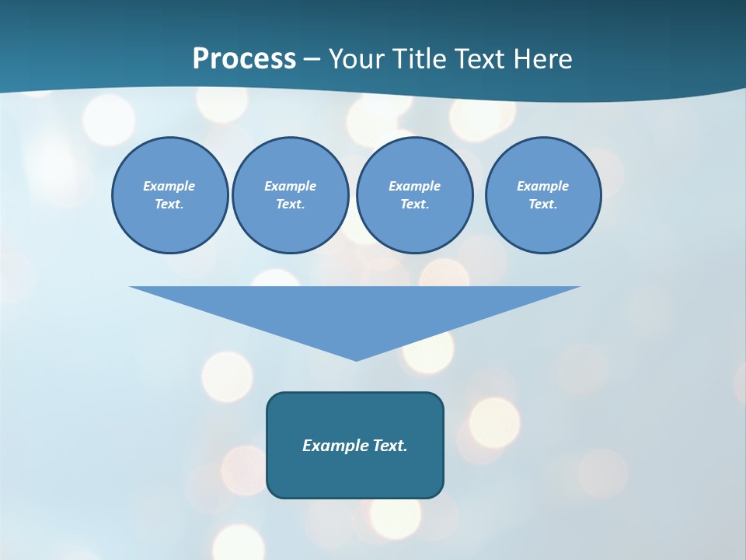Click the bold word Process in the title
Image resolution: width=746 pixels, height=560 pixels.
tap(244, 59)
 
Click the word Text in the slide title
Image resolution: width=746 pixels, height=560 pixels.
tap(482, 59)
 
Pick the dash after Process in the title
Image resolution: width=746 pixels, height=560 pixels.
tap(312, 60)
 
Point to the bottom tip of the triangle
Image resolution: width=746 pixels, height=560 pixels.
tap(356, 359)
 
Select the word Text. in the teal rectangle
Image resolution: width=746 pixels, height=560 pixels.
tap(389, 446)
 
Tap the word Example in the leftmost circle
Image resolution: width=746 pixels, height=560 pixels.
tap(169, 186)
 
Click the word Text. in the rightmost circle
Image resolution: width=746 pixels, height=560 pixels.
tap(543, 204)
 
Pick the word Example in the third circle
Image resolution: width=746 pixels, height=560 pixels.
tap(414, 186)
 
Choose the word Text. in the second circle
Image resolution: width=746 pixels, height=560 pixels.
tap(290, 204)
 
